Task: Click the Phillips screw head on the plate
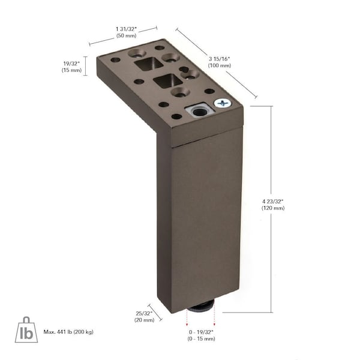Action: point(223,103)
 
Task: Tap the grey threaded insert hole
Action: point(199,112)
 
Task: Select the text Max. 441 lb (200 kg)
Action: point(68,332)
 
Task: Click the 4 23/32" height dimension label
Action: point(273,202)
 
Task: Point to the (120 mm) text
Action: point(273,208)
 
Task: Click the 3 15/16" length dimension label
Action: point(219,59)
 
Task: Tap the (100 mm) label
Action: point(220,65)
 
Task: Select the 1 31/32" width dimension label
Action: point(126,29)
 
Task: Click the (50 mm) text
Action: point(126,35)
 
